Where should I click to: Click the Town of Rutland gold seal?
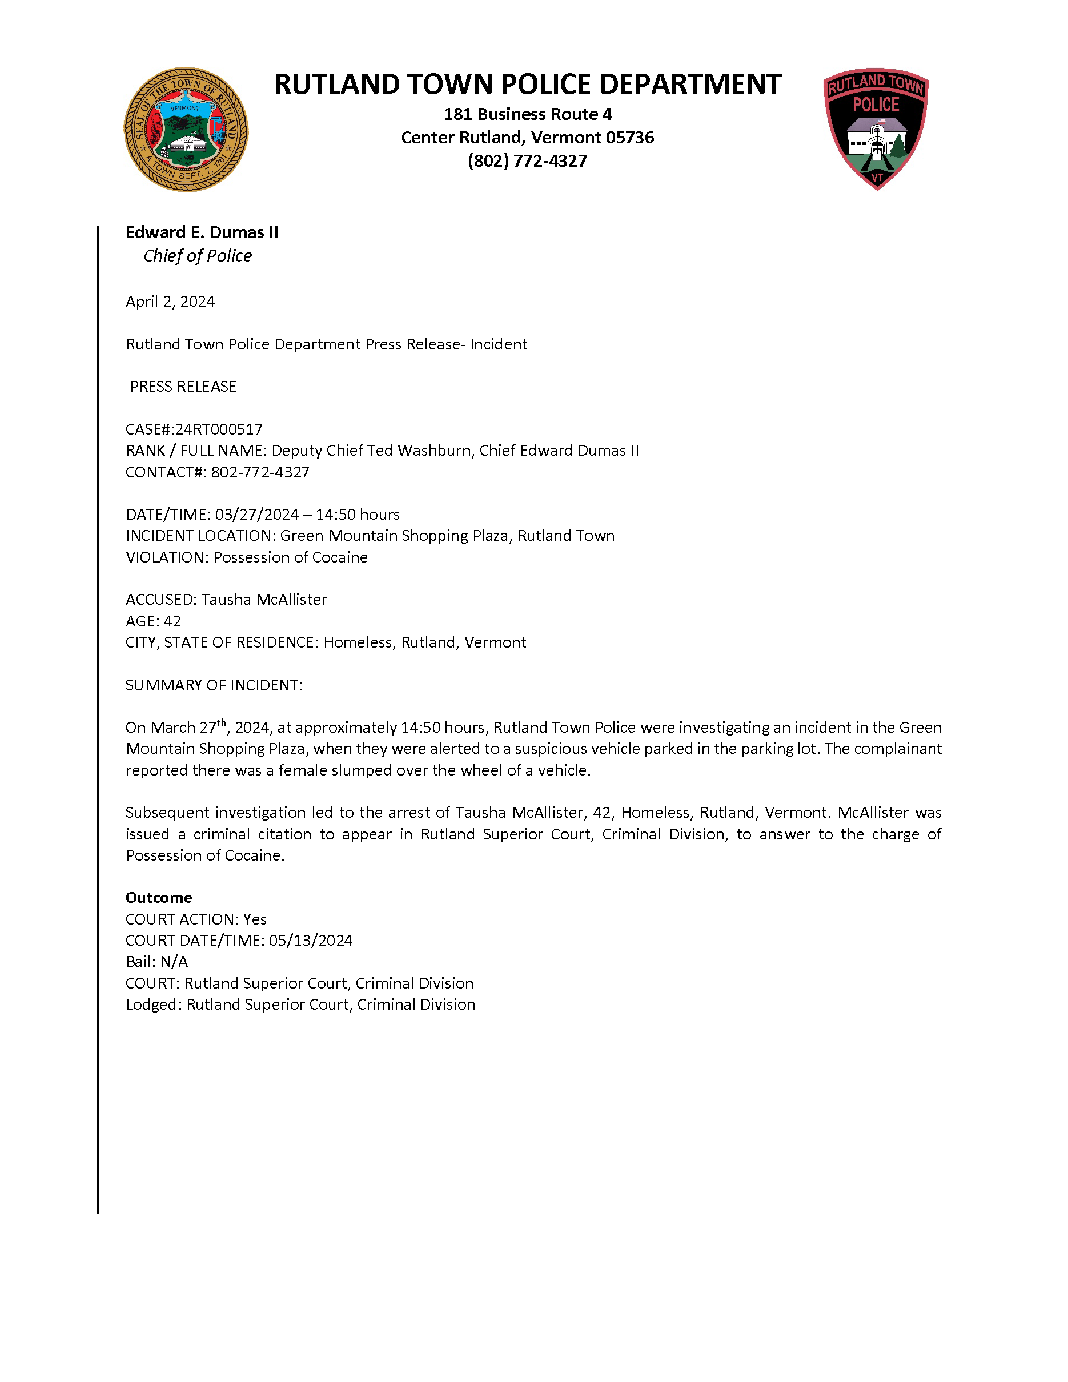pyautogui.click(x=186, y=130)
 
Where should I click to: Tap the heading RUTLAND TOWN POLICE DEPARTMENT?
pyautogui.click(x=527, y=84)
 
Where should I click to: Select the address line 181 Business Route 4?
pyautogui.click(x=527, y=115)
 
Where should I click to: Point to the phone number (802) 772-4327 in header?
pyautogui.click(x=527, y=162)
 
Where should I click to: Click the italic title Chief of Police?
pyautogui.click(x=198, y=256)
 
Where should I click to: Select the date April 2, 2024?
pyautogui.click(x=170, y=302)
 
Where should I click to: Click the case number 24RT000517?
pyautogui.click(x=218, y=429)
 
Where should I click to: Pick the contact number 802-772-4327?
pyautogui.click(x=260, y=472)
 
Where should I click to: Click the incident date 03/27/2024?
pyautogui.click(x=256, y=515)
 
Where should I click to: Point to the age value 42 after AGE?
pyautogui.click(x=172, y=621)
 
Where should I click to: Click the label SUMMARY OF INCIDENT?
pyautogui.click(x=214, y=685)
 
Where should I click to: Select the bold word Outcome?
pyautogui.click(x=159, y=898)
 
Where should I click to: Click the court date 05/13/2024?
pyautogui.click(x=310, y=941)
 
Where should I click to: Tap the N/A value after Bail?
pyautogui.click(x=174, y=962)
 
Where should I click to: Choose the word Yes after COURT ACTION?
pyautogui.click(x=255, y=919)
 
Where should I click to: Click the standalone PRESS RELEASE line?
pyautogui.click(x=183, y=387)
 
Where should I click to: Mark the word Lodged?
pyautogui.click(x=153, y=1005)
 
